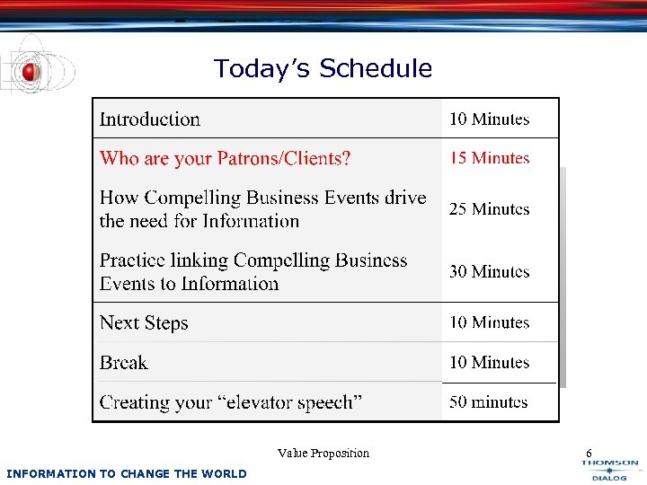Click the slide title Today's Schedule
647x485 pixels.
click(323, 68)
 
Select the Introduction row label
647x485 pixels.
click(150, 119)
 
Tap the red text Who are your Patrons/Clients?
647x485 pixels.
click(225, 159)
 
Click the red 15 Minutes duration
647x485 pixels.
click(490, 158)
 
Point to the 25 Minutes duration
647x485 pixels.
click(490, 209)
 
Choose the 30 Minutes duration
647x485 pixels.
click(490, 271)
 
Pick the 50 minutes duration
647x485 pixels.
click(489, 402)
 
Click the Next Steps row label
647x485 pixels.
click(144, 323)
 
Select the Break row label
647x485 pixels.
click(124, 363)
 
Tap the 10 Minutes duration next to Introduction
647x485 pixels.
click(490, 119)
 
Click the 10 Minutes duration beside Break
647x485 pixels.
click(490, 363)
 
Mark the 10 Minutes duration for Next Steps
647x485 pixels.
click(490, 322)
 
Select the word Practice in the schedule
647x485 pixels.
click(132, 260)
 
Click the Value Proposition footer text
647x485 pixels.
click(323, 454)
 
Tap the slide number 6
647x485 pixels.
click(589, 454)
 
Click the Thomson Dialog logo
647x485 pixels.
click(610, 470)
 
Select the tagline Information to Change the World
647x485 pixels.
click(126, 473)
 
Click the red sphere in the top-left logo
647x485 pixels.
click(31, 71)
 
